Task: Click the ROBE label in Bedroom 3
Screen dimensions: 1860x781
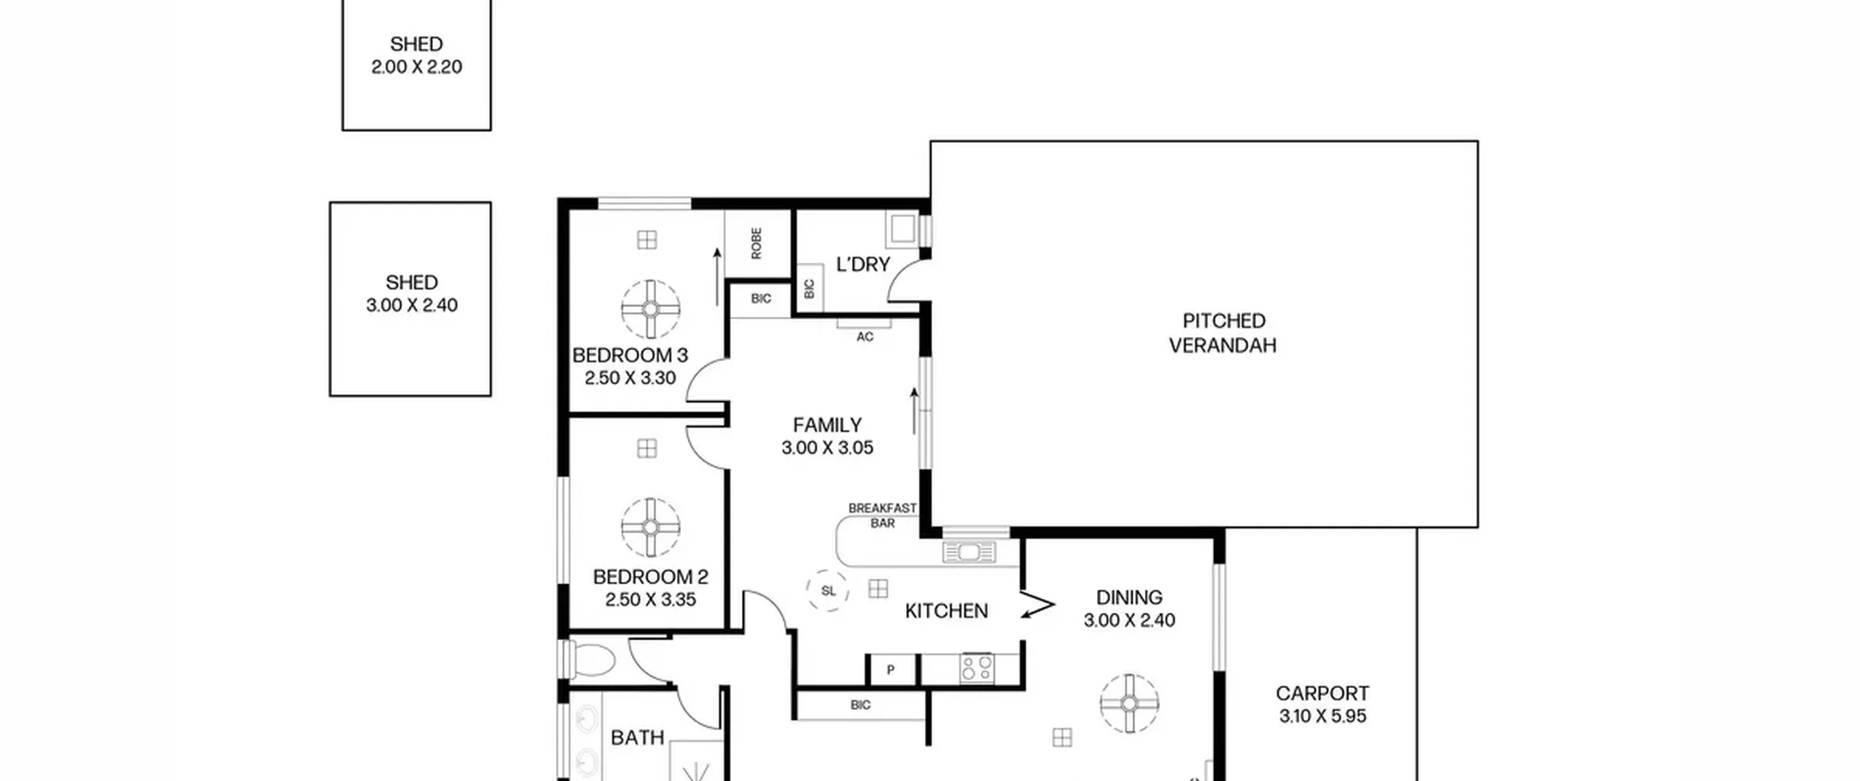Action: pos(756,243)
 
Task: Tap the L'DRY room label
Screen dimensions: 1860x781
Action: pos(863,264)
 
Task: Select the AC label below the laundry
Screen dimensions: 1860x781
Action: pos(865,337)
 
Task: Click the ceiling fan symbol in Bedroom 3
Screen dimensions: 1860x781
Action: pos(650,309)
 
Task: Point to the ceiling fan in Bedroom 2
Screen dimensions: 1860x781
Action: pos(650,527)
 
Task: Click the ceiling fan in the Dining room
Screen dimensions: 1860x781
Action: pos(1129,703)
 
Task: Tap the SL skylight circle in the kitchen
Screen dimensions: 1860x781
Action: pos(828,590)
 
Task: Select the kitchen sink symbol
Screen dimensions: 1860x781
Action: pos(969,553)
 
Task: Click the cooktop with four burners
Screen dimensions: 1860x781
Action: pos(977,668)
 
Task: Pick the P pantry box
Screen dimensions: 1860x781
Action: pos(891,669)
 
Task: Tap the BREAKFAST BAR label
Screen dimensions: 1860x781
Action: pos(883,516)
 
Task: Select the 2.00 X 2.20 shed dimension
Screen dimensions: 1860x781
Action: pos(416,67)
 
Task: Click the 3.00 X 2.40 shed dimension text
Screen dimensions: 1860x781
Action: pos(412,305)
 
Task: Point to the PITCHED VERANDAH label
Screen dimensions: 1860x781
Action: pos(1223,333)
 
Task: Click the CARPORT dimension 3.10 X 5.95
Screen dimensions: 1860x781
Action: pos(1322,716)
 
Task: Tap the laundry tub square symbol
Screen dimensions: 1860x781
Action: pos(903,230)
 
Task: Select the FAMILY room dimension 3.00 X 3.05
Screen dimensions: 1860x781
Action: pos(828,448)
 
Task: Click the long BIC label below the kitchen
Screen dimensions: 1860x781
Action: pos(860,705)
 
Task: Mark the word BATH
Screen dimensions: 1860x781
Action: pos(637,738)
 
